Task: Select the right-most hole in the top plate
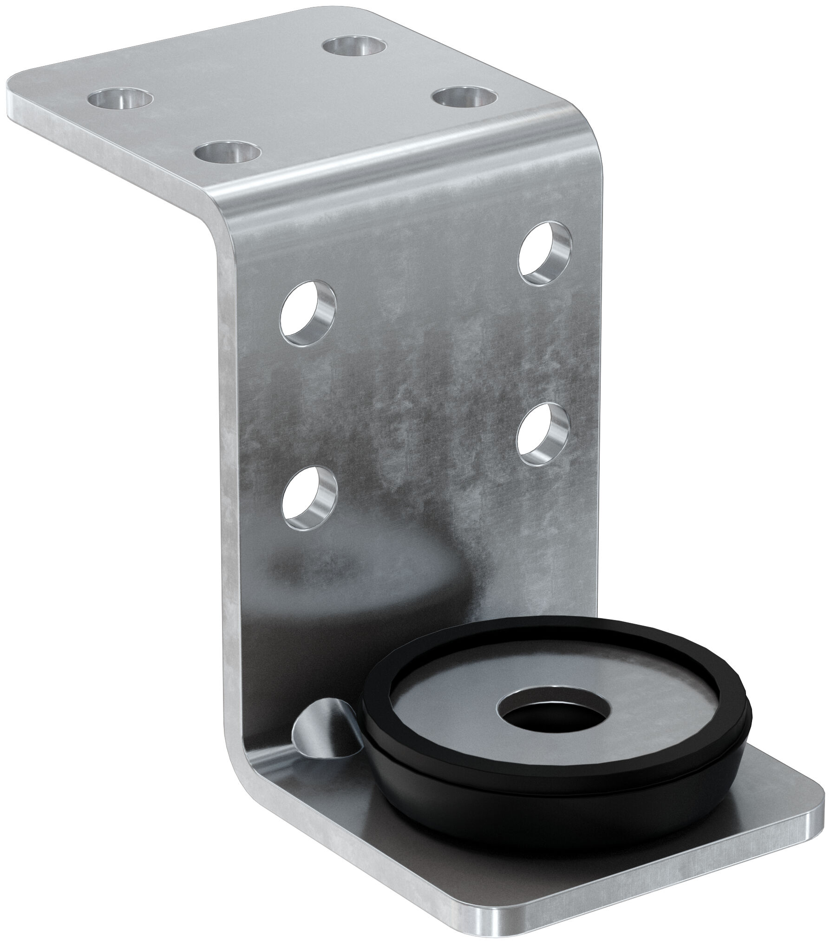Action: click(464, 96)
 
